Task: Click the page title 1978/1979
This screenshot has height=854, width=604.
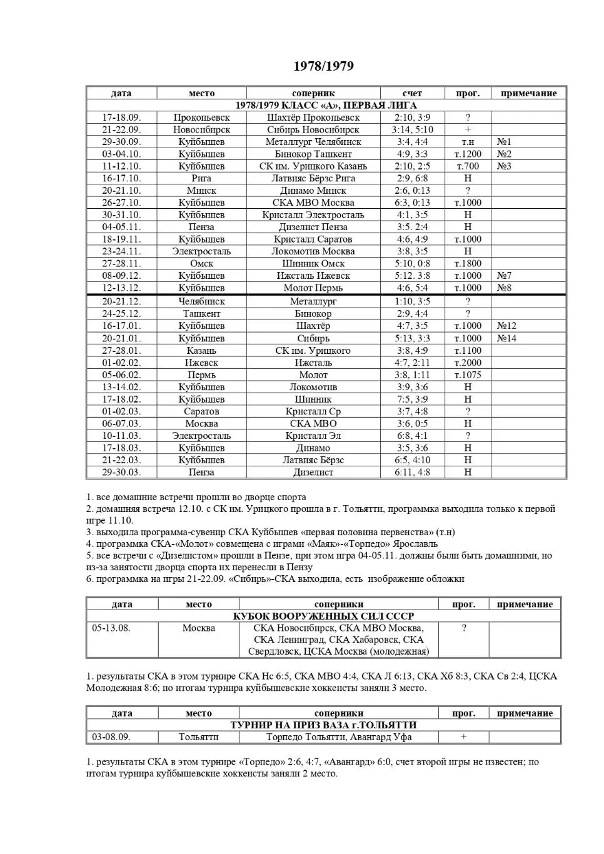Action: click(323, 66)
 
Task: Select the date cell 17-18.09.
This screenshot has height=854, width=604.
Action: click(121, 118)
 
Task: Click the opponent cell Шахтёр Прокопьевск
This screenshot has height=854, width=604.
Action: click(313, 118)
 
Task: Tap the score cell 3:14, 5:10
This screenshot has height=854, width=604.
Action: click(412, 129)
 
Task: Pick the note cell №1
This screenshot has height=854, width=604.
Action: click(504, 142)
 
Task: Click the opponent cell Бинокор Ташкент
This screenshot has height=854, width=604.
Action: click(313, 154)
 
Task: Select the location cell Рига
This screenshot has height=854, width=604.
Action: click(201, 178)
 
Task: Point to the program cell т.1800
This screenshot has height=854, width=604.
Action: click(468, 263)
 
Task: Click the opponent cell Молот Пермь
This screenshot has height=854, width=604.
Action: click(313, 288)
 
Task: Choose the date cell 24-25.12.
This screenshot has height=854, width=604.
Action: click(121, 314)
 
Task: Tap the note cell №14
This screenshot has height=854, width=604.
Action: click(506, 338)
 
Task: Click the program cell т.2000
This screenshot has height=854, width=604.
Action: click(468, 363)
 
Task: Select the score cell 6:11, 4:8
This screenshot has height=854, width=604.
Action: click(412, 472)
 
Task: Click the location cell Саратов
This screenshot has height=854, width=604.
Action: click(201, 411)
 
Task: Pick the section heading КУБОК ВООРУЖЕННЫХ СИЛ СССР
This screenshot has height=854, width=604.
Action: click(323, 616)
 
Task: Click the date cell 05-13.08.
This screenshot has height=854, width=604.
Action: click(111, 628)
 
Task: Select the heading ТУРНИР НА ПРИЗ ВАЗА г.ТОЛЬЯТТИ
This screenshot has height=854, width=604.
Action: click(323, 725)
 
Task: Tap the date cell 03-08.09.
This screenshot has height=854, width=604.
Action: click(111, 737)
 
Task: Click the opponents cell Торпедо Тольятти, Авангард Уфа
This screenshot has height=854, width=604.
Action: click(338, 737)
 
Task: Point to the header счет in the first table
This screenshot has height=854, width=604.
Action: click(412, 93)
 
